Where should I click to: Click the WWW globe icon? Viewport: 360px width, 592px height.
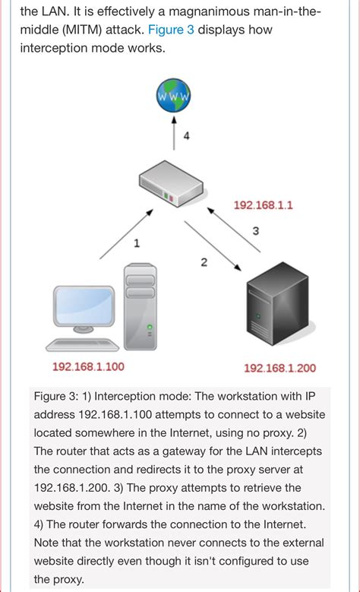pos(173,97)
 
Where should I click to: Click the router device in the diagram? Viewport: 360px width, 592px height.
pos(172,185)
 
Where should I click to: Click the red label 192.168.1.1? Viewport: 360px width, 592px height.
pos(263,205)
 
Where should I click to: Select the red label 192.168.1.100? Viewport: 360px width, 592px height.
pos(88,367)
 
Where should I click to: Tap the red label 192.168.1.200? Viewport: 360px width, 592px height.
pos(279,369)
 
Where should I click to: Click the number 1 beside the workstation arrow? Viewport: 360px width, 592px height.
pos(137,244)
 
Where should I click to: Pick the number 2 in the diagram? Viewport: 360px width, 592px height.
pos(204,262)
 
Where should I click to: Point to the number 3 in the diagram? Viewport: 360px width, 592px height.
pos(255,230)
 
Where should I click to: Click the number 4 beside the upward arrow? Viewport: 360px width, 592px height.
pos(186,137)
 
